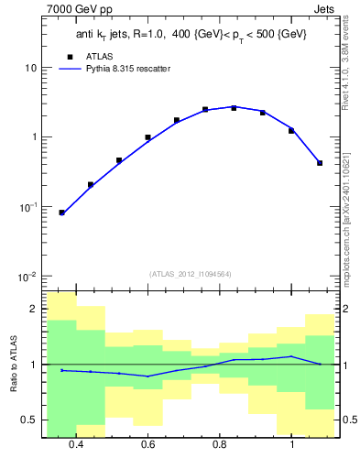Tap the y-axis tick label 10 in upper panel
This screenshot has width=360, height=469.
(30, 69)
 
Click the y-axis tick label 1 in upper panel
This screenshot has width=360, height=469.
(34, 137)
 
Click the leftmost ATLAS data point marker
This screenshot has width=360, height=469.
(61, 213)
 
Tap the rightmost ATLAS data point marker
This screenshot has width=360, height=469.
(320, 163)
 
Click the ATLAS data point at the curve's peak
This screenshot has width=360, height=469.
(234, 108)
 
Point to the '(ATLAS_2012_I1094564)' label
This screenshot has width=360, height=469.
(191, 274)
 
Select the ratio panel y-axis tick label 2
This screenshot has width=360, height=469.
(33, 309)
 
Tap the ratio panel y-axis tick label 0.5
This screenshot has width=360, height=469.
(28, 420)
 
